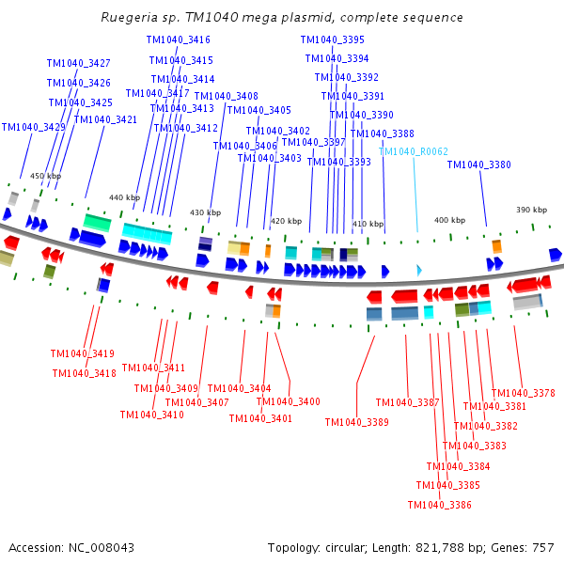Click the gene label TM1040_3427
[x=79, y=63]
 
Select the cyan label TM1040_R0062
[x=414, y=151]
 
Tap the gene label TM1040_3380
[x=479, y=164]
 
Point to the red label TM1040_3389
[x=357, y=422]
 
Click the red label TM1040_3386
[x=440, y=505]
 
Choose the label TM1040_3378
[x=524, y=393]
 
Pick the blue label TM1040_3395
[x=333, y=39]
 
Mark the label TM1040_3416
[x=179, y=39]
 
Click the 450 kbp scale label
[x=45, y=176]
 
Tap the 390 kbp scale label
[x=531, y=210]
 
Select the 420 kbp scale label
[x=287, y=221]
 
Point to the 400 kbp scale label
[x=449, y=220]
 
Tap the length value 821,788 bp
[x=449, y=547]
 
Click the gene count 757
[x=544, y=547]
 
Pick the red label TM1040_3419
[x=83, y=354]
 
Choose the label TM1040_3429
[x=34, y=127]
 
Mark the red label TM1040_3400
[x=289, y=401]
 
